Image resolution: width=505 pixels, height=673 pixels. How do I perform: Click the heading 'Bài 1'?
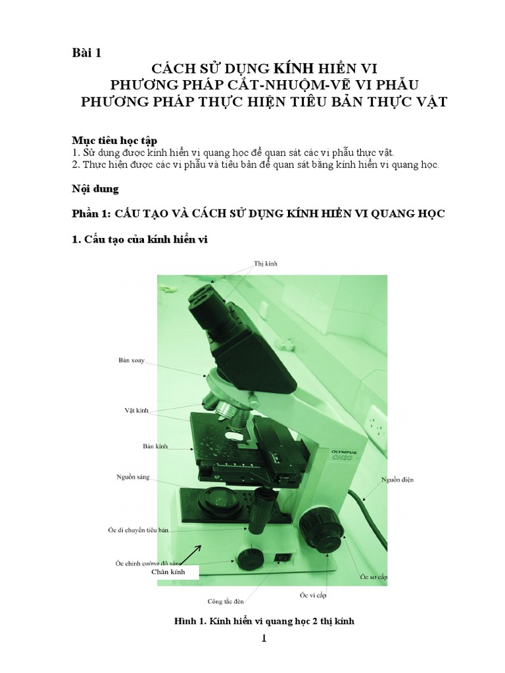click(86, 53)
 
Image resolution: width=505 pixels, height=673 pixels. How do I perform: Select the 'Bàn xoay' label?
click(132, 360)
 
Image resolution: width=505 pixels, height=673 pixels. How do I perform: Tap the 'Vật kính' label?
click(137, 410)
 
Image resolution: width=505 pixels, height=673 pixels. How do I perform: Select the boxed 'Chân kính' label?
click(168, 572)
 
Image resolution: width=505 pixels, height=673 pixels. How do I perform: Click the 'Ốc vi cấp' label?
click(313, 595)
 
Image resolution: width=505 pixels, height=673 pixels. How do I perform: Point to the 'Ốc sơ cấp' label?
click(373, 576)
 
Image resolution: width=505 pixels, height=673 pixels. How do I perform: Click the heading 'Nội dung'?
click(95, 189)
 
